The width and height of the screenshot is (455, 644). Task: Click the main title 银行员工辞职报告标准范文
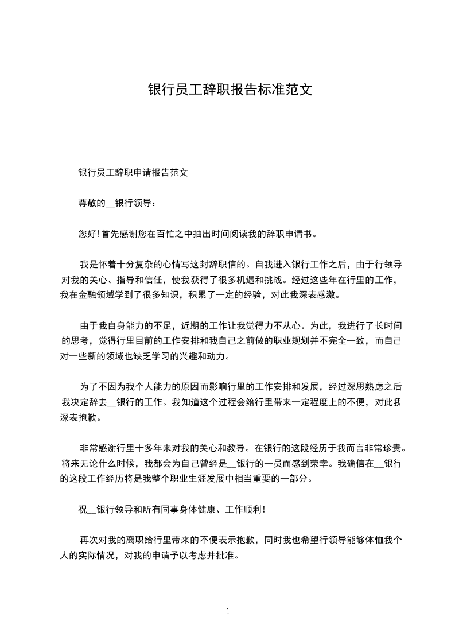pos(230,90)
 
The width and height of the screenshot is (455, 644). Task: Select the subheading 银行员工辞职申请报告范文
pos(133,172)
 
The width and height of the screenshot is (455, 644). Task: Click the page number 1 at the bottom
pos(228,611)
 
